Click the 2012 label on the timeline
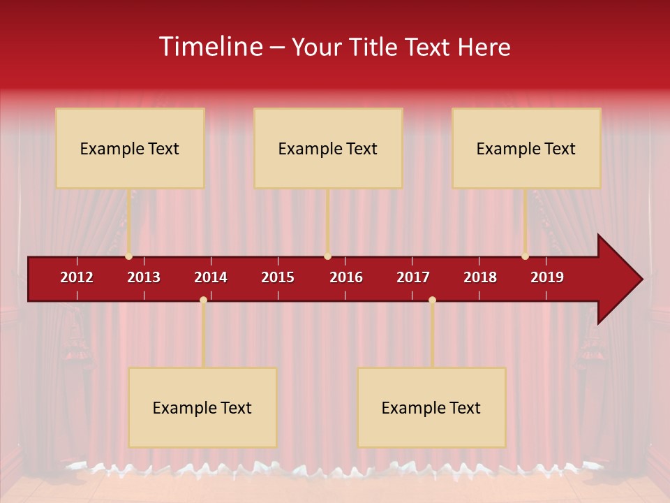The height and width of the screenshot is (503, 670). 77,277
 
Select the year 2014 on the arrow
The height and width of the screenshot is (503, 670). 211,277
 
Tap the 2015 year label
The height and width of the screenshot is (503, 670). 278,277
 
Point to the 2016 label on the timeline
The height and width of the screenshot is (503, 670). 345,277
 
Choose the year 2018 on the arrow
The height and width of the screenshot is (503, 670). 480,277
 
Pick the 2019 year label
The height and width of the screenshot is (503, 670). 547,277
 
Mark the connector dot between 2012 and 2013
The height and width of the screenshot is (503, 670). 128,256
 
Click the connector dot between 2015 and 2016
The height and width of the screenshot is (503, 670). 327,256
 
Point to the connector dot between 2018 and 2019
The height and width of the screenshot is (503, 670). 525,256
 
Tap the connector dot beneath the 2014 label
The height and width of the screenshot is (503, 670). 203,300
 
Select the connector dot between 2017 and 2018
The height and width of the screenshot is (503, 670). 432,300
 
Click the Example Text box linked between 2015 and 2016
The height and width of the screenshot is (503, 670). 328,148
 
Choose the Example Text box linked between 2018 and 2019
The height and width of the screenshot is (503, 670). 526,148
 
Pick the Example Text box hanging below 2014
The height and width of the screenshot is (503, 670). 202,407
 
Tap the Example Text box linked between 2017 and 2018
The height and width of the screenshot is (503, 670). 431,407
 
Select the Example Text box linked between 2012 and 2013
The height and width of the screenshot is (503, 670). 130,148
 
